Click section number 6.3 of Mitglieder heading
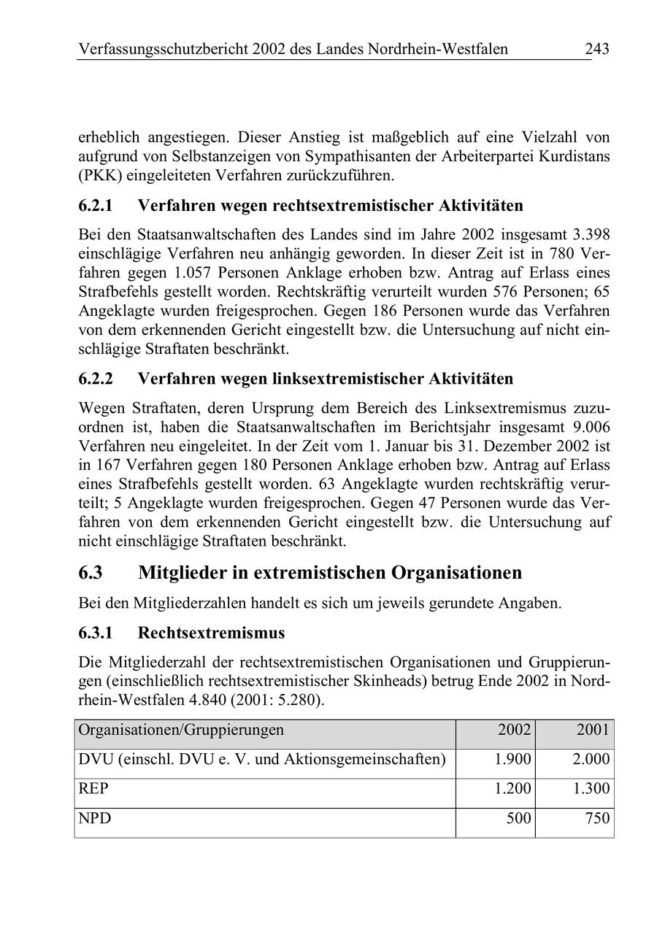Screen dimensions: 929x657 (91, 573)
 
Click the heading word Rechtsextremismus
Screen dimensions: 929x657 (211, 632)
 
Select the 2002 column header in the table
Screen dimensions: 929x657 (515, 730)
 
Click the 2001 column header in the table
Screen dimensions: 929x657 (593, 730)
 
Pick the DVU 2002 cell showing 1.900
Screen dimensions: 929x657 (512, 760)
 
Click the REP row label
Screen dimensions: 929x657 (93, 790)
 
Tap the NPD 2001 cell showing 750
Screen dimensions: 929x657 (597, 819)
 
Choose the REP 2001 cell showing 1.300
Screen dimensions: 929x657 (591, 790)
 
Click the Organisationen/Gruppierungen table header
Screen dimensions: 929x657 (181, 730)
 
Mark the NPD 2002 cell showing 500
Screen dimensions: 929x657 (518, 819)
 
